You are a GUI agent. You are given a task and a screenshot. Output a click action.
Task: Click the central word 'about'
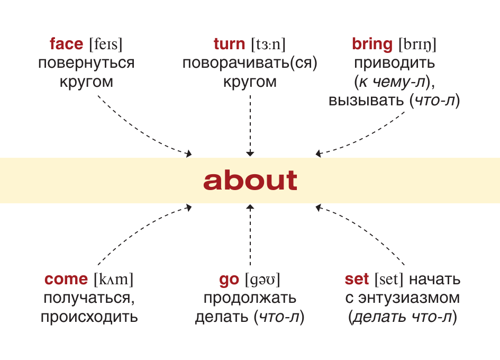coord(250,181)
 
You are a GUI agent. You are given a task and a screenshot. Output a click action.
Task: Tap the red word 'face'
coord(66,44)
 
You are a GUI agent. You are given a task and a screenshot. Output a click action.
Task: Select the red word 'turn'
coord(229,44)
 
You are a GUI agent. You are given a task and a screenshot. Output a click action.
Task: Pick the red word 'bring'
coord(372,44)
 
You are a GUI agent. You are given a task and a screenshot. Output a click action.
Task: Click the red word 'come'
coord(66,279)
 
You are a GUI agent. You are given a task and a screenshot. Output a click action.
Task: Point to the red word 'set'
coord(357,279)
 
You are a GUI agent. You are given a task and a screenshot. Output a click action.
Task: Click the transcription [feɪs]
coord(110,44)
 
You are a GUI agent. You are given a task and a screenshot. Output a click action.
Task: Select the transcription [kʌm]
coord(113,279)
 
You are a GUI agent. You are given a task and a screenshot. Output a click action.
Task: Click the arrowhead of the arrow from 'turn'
coord(250,154)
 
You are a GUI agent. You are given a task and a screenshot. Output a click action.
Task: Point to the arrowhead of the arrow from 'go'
coord(250,208)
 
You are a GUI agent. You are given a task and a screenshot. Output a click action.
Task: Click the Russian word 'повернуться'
coord(86,63)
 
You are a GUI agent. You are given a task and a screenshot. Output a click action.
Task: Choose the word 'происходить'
coord(89,317)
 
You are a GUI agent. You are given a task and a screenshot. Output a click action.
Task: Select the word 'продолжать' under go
coord(250,298)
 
